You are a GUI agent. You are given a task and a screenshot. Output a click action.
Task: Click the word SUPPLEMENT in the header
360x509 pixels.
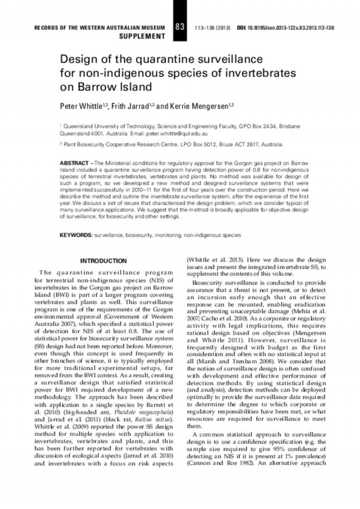[x=142, y=36]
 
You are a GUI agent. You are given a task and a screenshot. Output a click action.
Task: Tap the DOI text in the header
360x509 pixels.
[x=286, y=27]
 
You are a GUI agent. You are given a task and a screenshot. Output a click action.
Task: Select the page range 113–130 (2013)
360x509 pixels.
[x=213, y=27]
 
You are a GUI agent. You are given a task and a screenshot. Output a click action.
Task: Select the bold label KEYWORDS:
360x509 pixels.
[x=76, y=235]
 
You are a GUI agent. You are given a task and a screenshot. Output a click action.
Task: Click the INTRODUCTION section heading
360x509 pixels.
[x=104, y=261]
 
